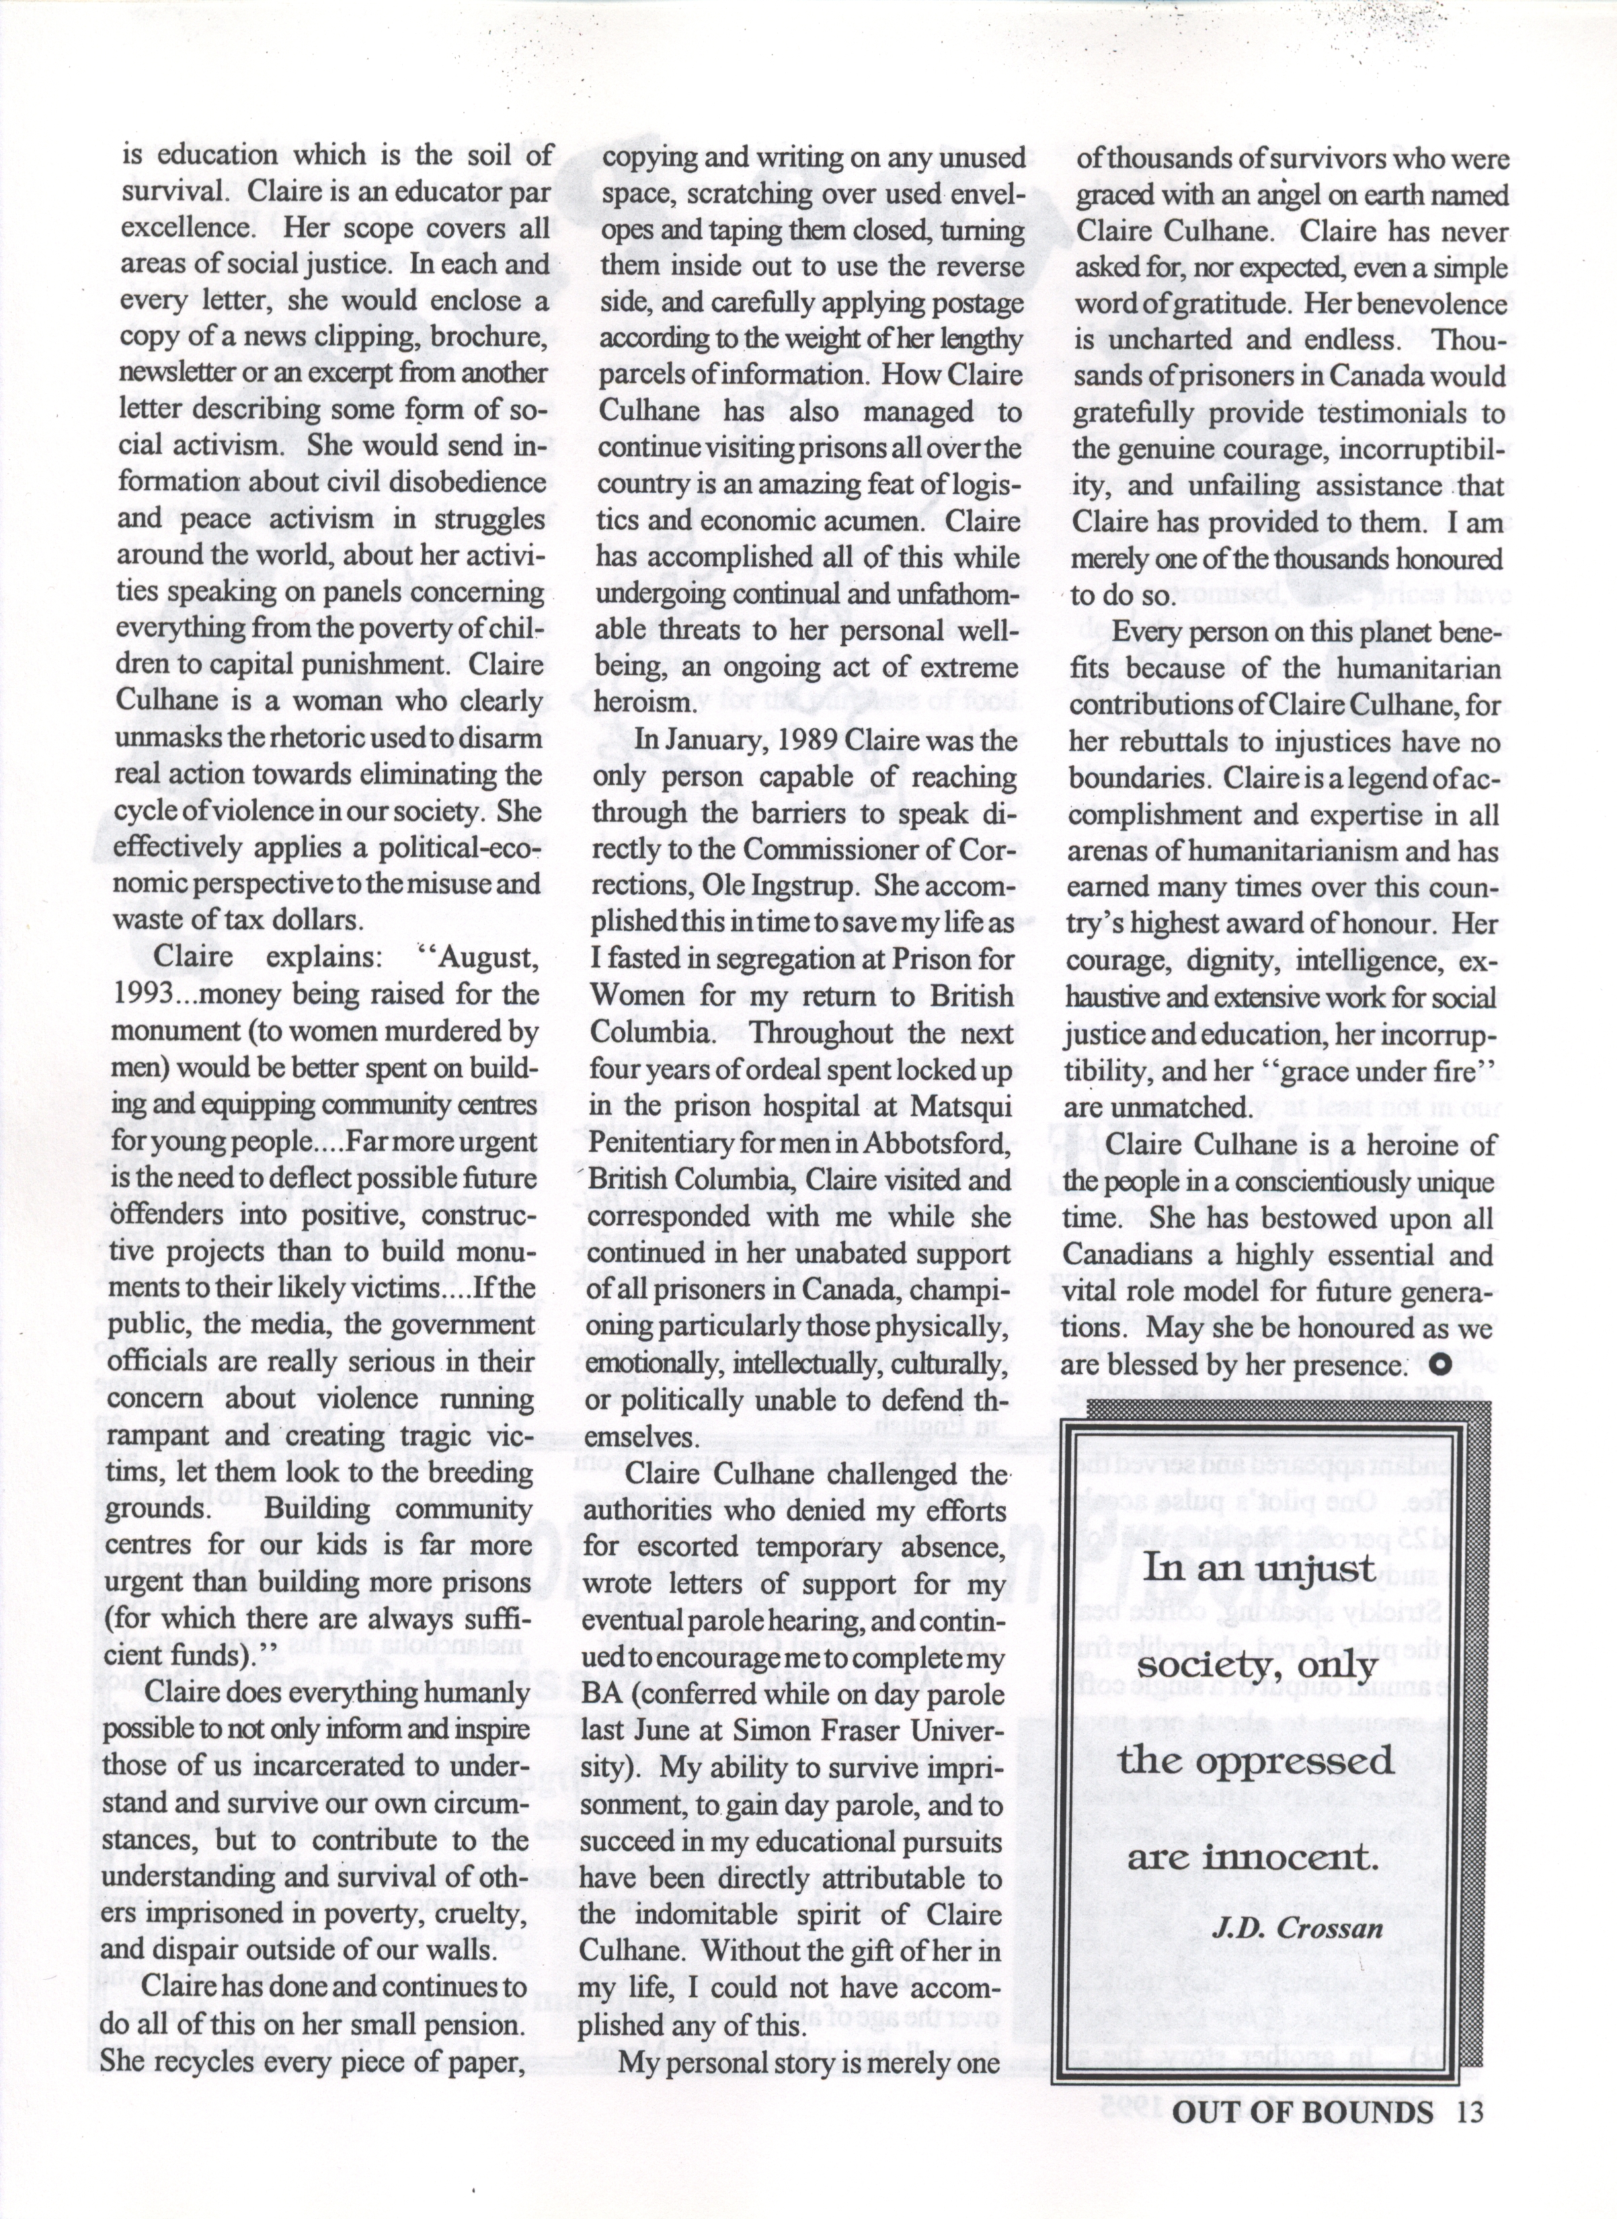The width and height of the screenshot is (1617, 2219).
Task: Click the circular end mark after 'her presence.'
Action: (x=1439, y=1364)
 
